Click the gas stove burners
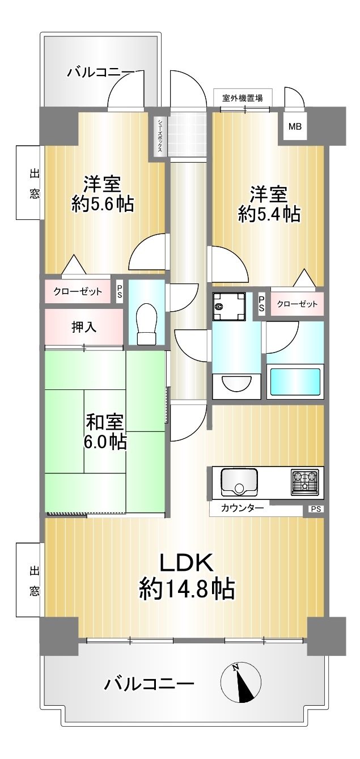click(304, 482)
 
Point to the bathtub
click(295, 381)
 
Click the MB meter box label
click(295, 127)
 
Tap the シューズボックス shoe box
click(160, 136)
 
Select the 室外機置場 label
click(243, 98)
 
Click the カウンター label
click(243, 508)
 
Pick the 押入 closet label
click(84, 327)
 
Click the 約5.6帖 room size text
click(103, 204)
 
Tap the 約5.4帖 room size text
click(269, 214)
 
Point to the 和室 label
click(105, 422)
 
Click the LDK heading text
click(187, 563)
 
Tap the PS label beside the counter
click(316, 509)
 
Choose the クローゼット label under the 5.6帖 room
click(78, 291)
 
